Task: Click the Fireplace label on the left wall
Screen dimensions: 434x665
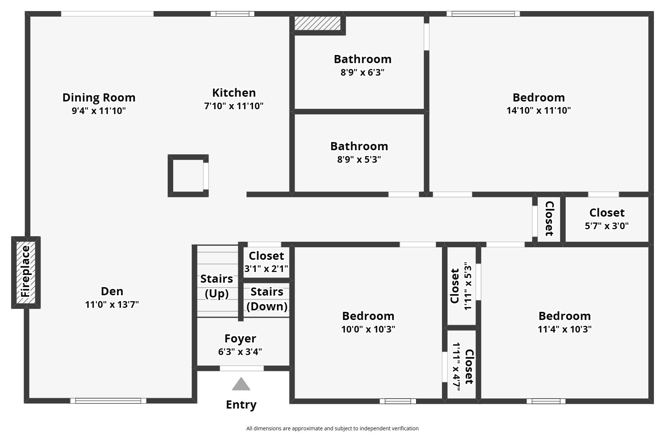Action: (25, 272)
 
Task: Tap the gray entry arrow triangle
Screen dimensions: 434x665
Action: (241, 385)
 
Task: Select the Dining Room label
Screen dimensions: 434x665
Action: (99, 97)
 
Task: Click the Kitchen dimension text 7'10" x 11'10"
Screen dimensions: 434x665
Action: (234, 106)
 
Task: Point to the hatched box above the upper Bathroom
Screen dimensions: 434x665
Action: (317, 23)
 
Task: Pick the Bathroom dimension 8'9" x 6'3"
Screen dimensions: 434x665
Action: (362, 72)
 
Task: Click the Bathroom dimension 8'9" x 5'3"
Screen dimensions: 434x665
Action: (359, 159)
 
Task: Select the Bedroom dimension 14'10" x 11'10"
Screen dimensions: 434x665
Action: (538, 110)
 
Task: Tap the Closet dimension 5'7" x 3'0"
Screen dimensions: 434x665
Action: (607, 226)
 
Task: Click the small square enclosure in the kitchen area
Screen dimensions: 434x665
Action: (188, 176)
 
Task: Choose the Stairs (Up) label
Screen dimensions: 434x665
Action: (217, 286)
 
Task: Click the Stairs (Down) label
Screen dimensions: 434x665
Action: (267, 299)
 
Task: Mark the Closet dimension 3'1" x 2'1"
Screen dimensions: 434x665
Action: (266, 269)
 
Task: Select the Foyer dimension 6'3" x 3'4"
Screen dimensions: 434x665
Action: (240, 352)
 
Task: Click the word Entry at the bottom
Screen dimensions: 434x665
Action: (241, 404)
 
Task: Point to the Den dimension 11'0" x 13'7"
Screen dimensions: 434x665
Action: (112, 304)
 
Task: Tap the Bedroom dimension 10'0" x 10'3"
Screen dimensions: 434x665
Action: (368, 329)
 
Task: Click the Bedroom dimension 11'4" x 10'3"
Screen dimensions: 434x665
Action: (565, 329)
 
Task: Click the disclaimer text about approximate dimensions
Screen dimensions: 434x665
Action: (332, 428)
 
